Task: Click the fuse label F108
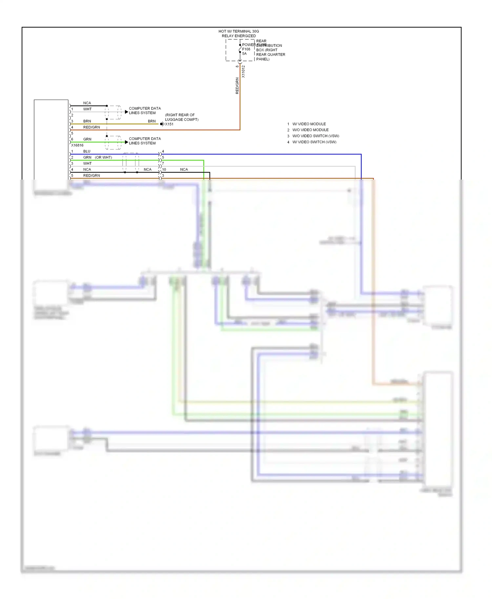click(x=246, y=49)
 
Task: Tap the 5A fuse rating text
click(x=244, y=54)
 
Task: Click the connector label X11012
click(x=243, y=71)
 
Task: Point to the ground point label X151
click(x=169, y=124)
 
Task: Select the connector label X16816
click(x=77, y=145)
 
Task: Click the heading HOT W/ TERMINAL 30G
click(x=239, y=31)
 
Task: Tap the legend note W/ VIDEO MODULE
click(x=309, y=124)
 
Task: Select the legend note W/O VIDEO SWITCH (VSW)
click(x=316, y=136)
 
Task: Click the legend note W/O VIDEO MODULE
click(x=310, y=130)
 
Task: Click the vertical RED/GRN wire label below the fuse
click(x=237, y=86)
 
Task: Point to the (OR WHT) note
click(x=103, y=157)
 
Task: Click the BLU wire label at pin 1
click(x=87, y=151)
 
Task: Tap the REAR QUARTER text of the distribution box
click(x=271, y=55)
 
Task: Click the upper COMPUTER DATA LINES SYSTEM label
click(x=145, y=110)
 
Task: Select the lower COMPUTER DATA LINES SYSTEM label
click(x=145, y=141)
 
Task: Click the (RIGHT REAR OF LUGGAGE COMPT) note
click(x=181, y=117)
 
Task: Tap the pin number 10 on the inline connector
click(x=164, y=169)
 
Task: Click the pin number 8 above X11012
click(x=237, y=67)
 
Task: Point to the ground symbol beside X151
click(x=162, y=124)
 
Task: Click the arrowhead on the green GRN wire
click(x=126, y=142)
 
